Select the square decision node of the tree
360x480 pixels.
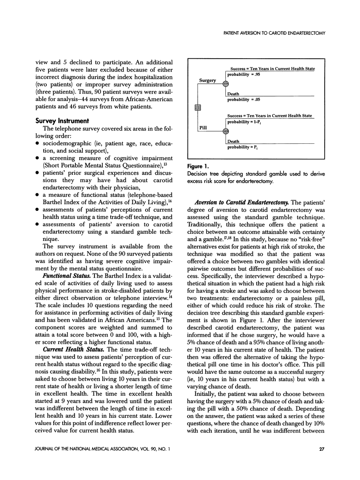(x=198, y=107)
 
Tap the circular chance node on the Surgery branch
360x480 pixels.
(x=225, y=84)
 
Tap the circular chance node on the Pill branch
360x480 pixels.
(x=225, y=131)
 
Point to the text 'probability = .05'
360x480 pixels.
(x=244, y=100)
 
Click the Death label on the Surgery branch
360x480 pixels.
(x=233, y=94)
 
